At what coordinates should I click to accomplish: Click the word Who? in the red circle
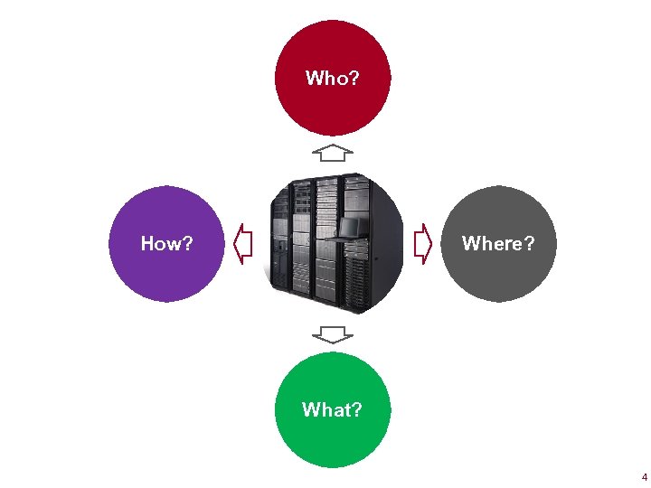coord(332,79)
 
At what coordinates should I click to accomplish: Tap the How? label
coord(166,244)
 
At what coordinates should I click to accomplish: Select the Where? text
coord(497,244)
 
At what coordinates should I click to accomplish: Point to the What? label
coord(332,410)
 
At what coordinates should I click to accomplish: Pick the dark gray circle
coord(498,276)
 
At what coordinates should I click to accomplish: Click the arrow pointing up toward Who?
coord(335,151)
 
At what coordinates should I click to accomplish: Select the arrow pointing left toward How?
coord(242,244)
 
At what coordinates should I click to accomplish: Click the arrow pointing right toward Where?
coord(422,244)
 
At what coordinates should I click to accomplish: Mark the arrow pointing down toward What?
coord(335,335)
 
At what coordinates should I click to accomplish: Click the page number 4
coord(644,476)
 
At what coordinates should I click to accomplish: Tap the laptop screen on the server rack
coord(352,226)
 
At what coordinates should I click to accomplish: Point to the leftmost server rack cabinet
coord(281,244)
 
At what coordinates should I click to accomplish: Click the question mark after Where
coord(529,244)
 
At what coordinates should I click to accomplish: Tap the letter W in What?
coord(311,410)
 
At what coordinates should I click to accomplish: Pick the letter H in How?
coord(147,244)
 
